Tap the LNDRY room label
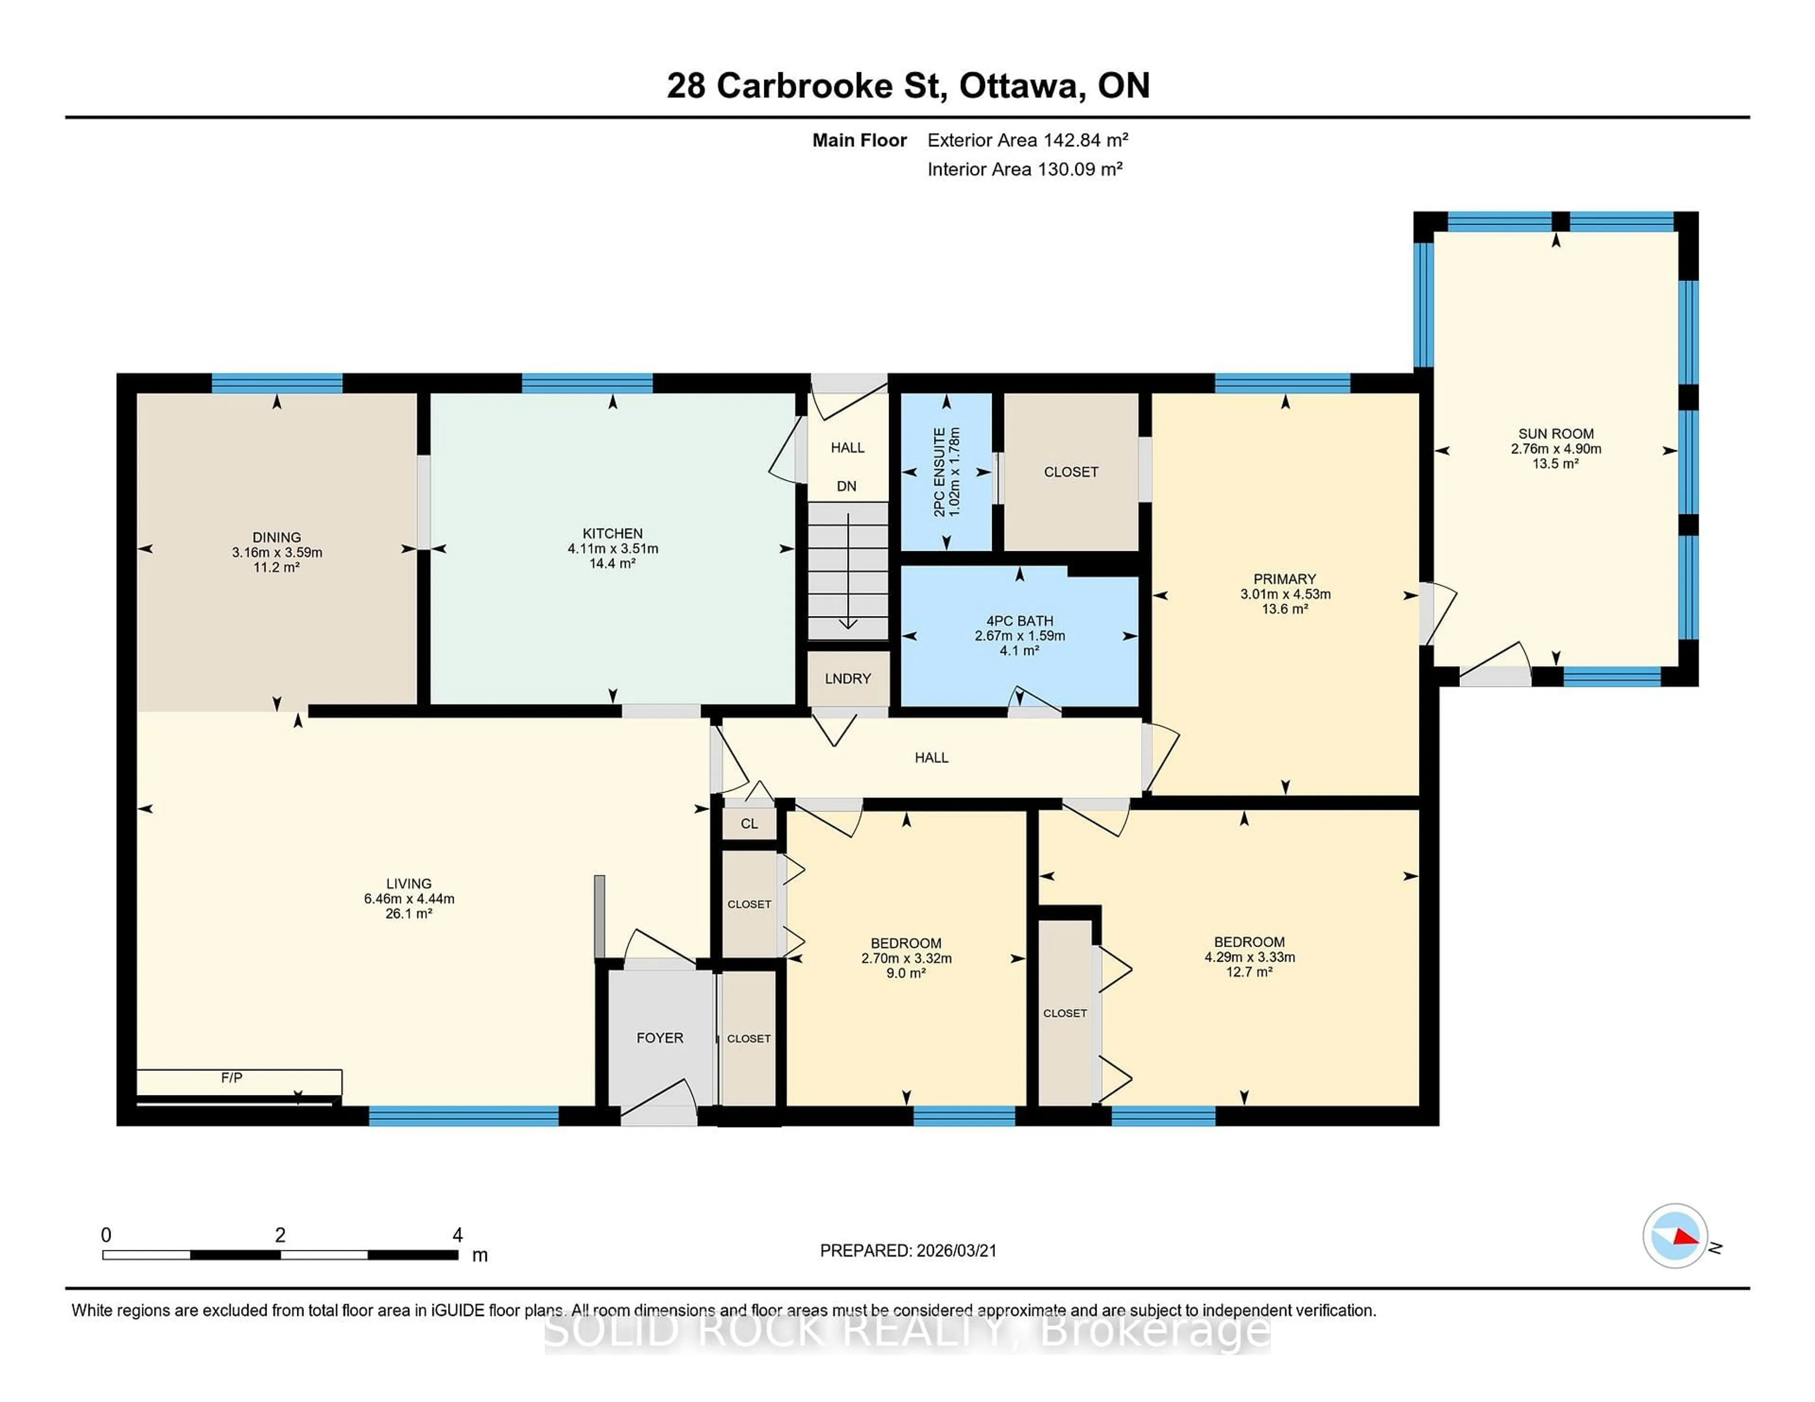click(847, 679)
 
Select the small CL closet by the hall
click(749, 824)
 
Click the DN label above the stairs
click(846, 487)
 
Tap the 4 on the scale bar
click(457, 1235)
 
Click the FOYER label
click(660, 1038)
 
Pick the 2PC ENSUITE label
click(940, 472)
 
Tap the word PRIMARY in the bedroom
click(1285, 579)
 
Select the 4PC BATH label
click(1020, 621)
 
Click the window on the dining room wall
click(277, 383)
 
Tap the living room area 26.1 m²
click(409, 914)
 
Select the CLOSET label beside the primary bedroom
click(1071, 472)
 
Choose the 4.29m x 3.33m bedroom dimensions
click(1249, 957)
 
